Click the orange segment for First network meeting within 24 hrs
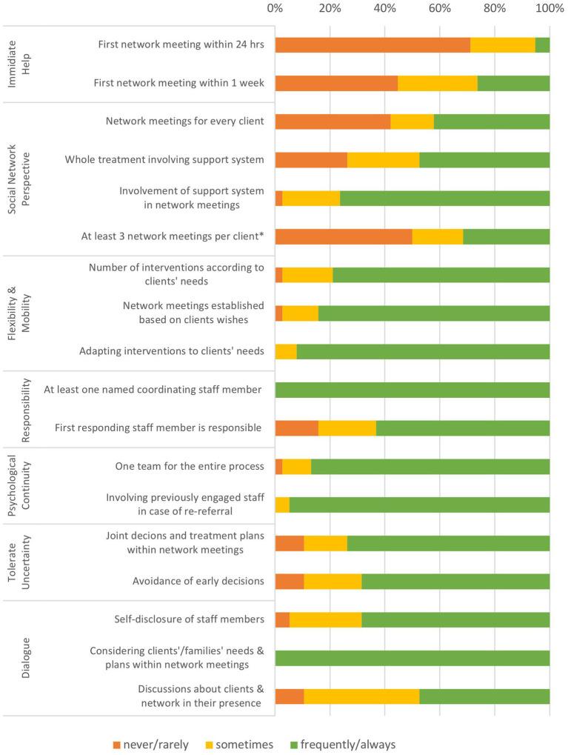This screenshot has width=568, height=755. [372, 44]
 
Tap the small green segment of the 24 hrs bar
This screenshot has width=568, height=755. [542, 44]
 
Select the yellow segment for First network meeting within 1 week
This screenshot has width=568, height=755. [438, 83]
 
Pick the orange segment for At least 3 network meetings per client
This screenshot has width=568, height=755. [344, 236]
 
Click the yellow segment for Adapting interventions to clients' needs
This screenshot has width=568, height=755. [286, 351]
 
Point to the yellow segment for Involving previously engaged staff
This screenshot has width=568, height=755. [282, 505]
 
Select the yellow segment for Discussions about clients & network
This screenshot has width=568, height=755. [361, 696]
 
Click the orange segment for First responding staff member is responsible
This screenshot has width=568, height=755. [297, 428]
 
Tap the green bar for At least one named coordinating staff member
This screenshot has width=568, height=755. [412, 390]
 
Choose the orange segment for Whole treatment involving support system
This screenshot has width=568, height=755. [311, 159]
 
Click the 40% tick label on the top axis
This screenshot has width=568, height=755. [385, 8]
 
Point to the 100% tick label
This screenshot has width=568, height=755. [549, 8]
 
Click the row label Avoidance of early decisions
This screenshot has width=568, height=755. [198, 581]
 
